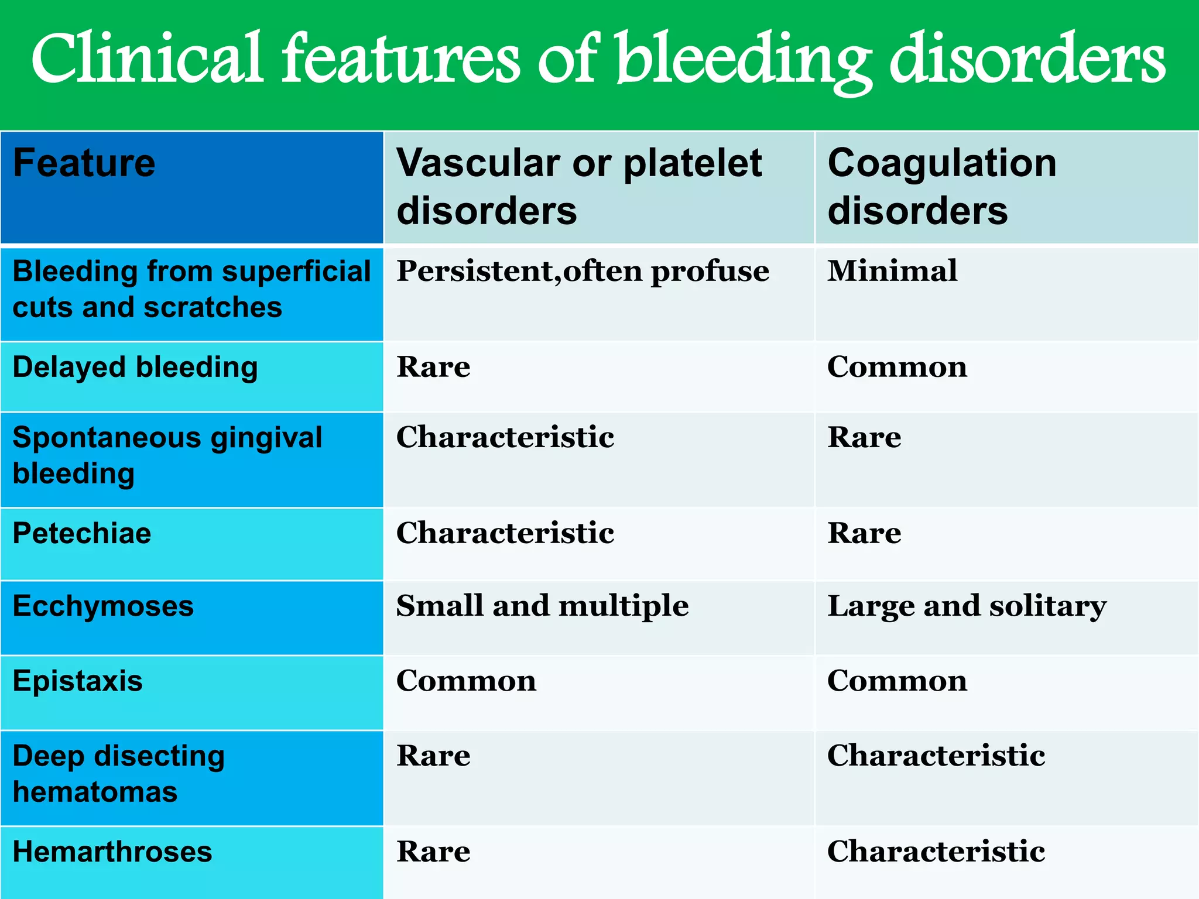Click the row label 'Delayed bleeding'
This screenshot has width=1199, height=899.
(135, 368)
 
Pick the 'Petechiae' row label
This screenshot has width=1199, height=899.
(82, 534)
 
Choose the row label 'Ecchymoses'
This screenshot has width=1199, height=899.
(103, 606)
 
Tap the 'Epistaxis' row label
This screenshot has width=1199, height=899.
(78, 681)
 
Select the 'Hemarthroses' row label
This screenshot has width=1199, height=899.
(112, 852)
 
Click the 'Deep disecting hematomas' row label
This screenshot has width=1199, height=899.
(119, 774)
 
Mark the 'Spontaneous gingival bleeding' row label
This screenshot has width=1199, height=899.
(167, 455)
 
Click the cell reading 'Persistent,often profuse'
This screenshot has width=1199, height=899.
(583, 272)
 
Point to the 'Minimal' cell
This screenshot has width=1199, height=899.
(892, 272)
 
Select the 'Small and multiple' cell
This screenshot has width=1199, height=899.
(542, 606)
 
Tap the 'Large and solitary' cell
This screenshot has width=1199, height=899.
(967, 606)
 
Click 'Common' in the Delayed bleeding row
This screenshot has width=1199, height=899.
(897, 368)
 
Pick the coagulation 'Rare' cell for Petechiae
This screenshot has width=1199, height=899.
(864, 534)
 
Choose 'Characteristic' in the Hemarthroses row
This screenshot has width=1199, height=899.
(936, 852)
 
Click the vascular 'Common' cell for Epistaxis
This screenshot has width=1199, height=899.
(466, 681)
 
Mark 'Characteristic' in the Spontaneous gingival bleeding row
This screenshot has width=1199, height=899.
(505, 438)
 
